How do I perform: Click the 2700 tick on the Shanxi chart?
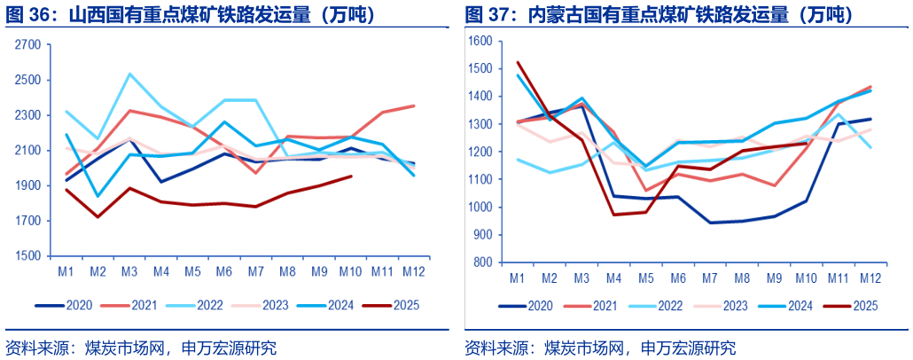[27, 44]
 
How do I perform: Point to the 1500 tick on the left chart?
[27, 256]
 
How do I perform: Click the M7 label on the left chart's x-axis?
[256, 270]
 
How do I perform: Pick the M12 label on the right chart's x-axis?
[870, 278]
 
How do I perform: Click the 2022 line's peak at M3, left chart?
[129, 74]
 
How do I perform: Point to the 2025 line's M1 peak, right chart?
[517, 62]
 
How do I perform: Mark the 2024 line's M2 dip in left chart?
[98, 196]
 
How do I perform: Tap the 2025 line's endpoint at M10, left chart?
[351, 176]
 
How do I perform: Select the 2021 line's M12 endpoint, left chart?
[414, 106]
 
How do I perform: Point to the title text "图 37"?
[485, 15]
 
